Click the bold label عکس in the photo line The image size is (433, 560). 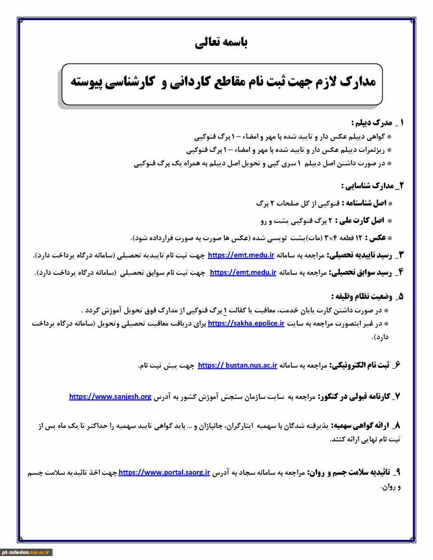pyautogui.click(x=377, y=238)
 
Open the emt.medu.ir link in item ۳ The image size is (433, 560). pyautogui.click(x=241, y=255)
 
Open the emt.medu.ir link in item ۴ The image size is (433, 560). pyautogui.click(x=243, y=273)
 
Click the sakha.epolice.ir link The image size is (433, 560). pyautogui.click(x=246, y=324)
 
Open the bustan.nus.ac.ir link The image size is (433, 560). pyautogui.click(x=237, y=365)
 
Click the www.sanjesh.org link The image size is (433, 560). pyautogui.click(x=110, y=397)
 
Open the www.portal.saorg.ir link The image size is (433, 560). pyautogui.click(x=164, y=473)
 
